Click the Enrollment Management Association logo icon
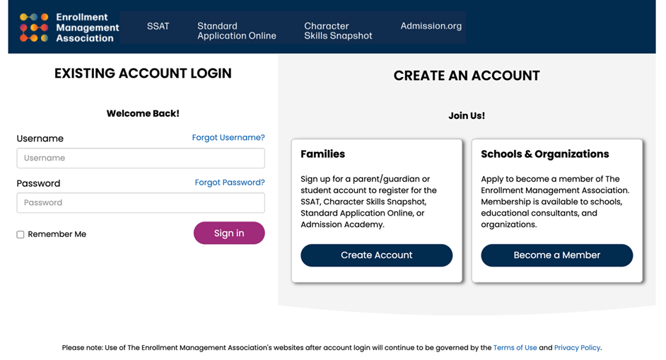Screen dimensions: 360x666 click(x=34, y=27)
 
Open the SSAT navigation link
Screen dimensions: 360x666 click(x=158, y=26)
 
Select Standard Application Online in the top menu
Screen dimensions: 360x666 click(x=236, y=30)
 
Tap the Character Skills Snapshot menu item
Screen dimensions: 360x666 click(x=338, y=30)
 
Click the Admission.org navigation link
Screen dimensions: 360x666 click(x=431, y=26)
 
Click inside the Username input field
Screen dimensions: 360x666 click(x=141, y=158)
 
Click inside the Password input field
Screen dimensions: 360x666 click(x=141, y=203)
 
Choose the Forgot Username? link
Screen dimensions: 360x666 click(x=228, y=138)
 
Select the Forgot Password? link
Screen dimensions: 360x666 click(x=230, y=182)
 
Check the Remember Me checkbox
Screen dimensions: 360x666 click(x=21, y=235)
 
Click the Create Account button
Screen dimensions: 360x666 click(x=376, y=255)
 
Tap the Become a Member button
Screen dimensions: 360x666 click(x=556, y=255)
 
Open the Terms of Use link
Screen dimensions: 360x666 click(x=515, y=348)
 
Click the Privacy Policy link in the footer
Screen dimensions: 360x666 click(x=577, y=348)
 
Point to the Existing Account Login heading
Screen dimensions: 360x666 click(x=143, y=74)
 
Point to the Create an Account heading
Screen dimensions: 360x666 click(x=467, y=76)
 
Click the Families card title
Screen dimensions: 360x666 click(x=322, y=154)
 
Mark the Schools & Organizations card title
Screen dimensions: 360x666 click(x=544, y=154)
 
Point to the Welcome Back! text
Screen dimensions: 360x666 click(x=143, y=114)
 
